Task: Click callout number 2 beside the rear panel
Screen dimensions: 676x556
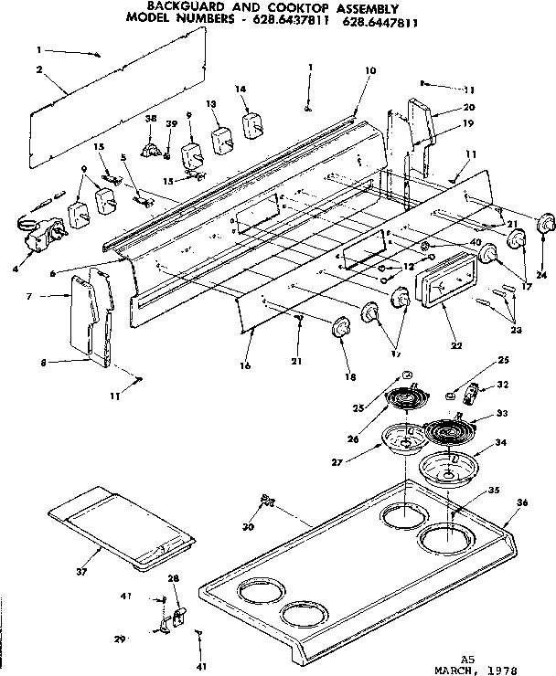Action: pyautogui.click(x=39, y=69)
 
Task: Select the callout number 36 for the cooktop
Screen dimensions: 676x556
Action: pyautogui.click(x=522, y=502)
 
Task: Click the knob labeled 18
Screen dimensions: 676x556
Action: pyautogui.click(x=340, y=326)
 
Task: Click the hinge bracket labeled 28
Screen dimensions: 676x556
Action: pyautogui.click(x=174, y=607)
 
